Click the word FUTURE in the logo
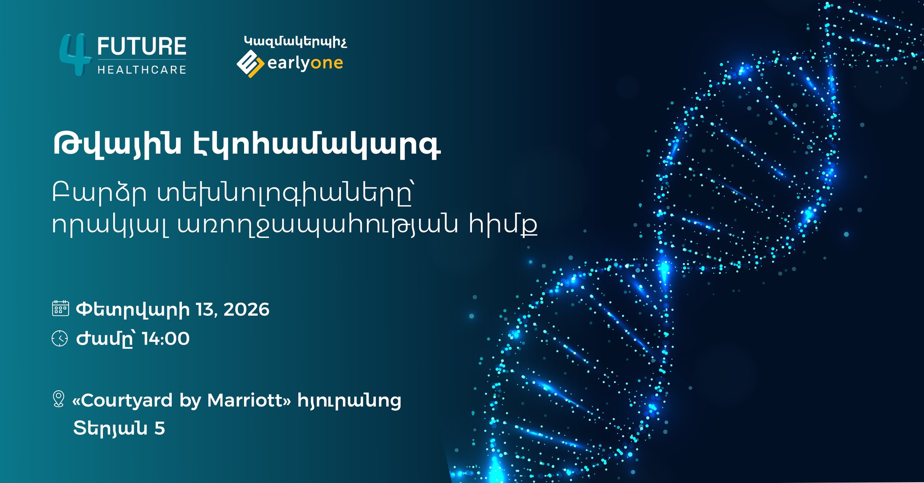142,47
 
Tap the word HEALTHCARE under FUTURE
142,70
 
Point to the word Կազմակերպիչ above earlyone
295,42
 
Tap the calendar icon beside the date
60,309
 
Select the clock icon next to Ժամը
60,338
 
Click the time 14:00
166,339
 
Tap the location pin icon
58,399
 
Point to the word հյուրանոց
349,401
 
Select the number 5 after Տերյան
160,428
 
